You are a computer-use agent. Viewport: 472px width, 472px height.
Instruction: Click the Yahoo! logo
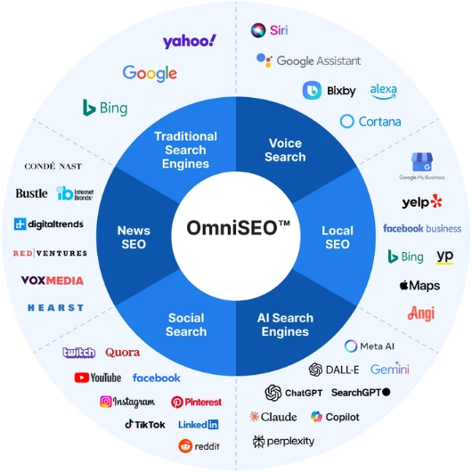(189, 41)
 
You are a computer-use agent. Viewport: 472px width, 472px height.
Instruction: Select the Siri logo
(270, 30)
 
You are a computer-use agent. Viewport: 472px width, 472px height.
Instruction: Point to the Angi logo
(421, 313)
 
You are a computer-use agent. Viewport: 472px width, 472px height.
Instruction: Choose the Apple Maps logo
(419, 286)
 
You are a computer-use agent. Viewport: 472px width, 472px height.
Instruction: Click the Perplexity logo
(283, 441)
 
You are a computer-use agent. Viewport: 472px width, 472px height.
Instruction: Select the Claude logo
(273, 417)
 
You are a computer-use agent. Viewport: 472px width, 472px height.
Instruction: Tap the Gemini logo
(389, 369)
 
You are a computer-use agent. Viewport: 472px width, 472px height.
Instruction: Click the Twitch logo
(78, 353)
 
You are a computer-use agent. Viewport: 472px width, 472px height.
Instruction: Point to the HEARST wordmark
(55, 307)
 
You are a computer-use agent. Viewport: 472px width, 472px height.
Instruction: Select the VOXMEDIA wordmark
(53, 281)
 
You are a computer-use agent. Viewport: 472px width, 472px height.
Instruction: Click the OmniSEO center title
(237, 227)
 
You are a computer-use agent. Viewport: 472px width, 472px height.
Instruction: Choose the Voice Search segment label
(286, 150)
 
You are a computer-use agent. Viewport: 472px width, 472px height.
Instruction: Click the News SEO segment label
(134, 237)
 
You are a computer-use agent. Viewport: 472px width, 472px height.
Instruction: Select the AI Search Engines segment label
(285, 325)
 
